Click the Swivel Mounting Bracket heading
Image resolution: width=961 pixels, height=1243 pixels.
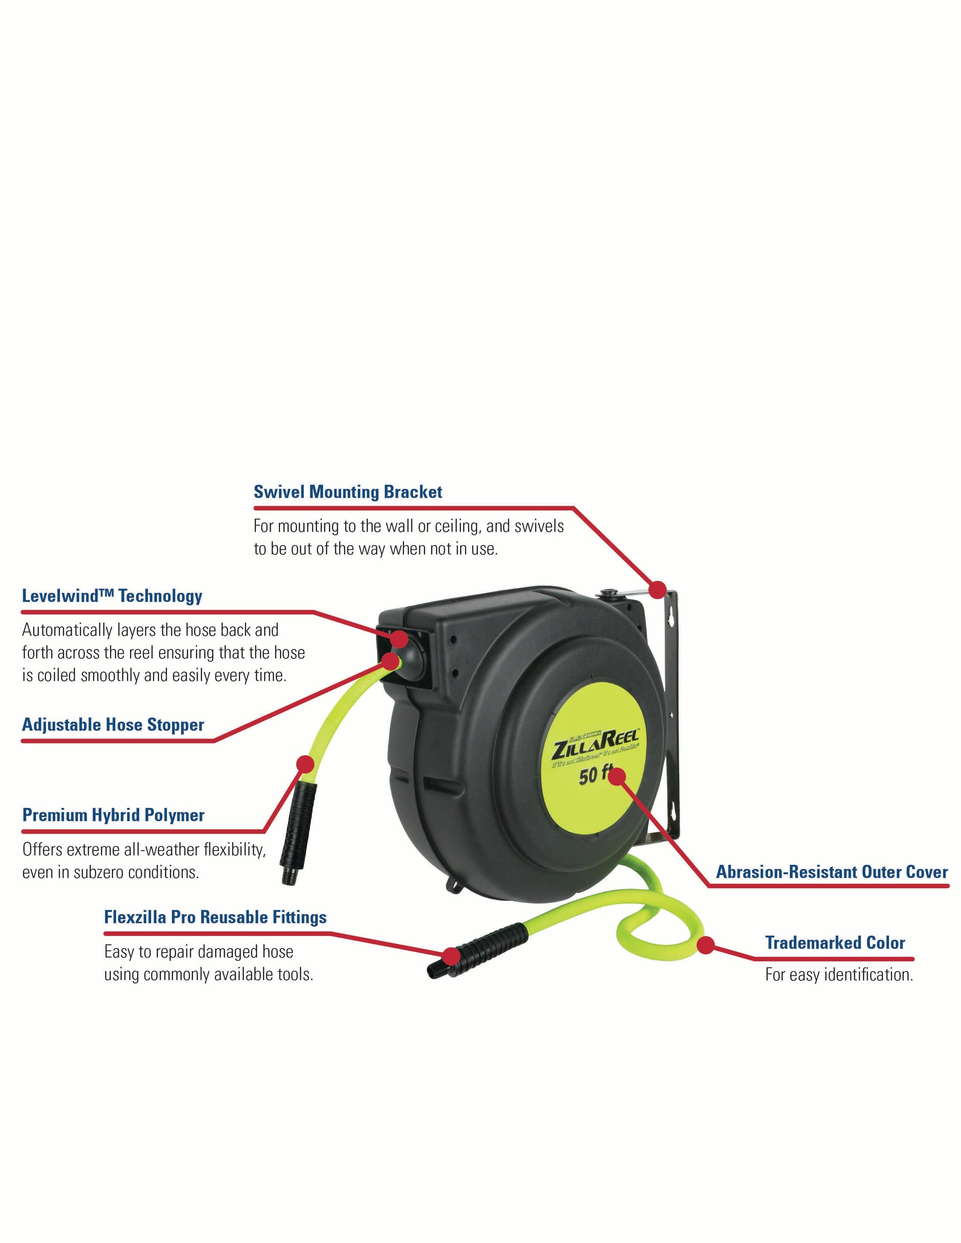[x=347, y=492]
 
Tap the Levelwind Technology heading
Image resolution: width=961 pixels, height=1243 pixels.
[x=112, y=596]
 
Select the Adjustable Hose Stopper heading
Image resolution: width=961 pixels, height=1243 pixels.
[x=113, y=725]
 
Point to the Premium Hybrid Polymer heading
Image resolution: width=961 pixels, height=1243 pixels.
[x=113, y=816]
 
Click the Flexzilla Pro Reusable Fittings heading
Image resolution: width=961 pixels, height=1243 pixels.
[x=215, y=918]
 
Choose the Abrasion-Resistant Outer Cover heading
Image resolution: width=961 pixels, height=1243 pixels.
[x=832, y=872]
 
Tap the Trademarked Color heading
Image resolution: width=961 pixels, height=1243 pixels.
[x=835, y=943]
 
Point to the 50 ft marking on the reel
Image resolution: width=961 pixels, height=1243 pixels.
[x=595, y=775]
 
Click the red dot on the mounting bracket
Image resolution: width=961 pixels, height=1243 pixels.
[x=658, y=589]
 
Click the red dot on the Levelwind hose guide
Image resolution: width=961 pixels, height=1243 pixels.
[x=399, y=637]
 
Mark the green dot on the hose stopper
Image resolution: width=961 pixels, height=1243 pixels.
[x=391, y=661]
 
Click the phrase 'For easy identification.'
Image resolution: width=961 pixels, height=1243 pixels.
[x=839, y=975]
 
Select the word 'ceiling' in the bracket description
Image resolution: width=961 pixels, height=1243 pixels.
[x=459, y=526]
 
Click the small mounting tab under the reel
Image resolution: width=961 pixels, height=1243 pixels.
[x=454, y=886]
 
